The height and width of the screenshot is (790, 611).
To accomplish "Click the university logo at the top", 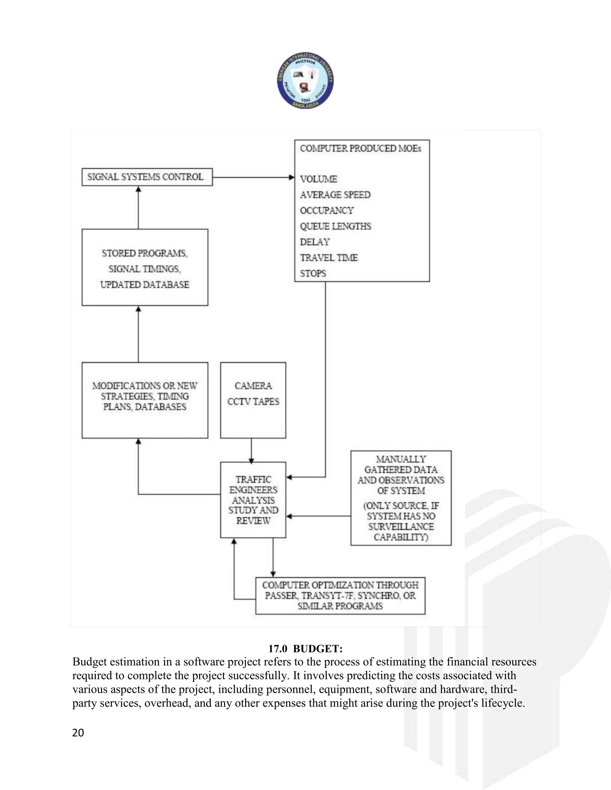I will pyautogui.click(x=305, y=80).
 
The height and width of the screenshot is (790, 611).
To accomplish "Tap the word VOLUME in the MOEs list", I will pyautogui.click(x=319, y=179).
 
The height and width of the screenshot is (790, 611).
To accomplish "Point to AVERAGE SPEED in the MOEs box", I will pyautogui.click(x=335, y=195).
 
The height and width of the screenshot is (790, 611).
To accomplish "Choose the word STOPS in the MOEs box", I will pyautogui.click(x=313, y=273).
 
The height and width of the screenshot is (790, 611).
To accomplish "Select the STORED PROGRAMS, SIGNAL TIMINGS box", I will pyautogui.click(x=145, y=268).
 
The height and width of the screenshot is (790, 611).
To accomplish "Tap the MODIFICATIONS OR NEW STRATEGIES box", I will pyautogui.click(x=145, y=400).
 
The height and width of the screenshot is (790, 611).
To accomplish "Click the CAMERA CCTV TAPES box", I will pyautogui.click(x=253, y=400).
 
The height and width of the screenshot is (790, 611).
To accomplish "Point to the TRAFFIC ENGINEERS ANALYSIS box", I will pyautogui.click(x=253, y=500).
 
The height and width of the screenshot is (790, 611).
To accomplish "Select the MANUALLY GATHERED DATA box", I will pyautogui.click(x=401, y=498).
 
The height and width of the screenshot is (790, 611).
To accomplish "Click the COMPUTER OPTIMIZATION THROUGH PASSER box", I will pyautogui.click(x=340, y=595).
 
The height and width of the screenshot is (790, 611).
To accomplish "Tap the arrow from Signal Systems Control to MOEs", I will pyautogui.click(x=253, y=177).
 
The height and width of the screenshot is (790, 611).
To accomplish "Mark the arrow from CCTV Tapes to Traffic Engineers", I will pyautogui.click(x=251, y=450).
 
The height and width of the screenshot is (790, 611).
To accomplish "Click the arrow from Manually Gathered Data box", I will pyautogui.click(x=319, y=516).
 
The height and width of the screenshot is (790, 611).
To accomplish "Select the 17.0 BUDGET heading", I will pyautogui.click(x=305, y=649).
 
